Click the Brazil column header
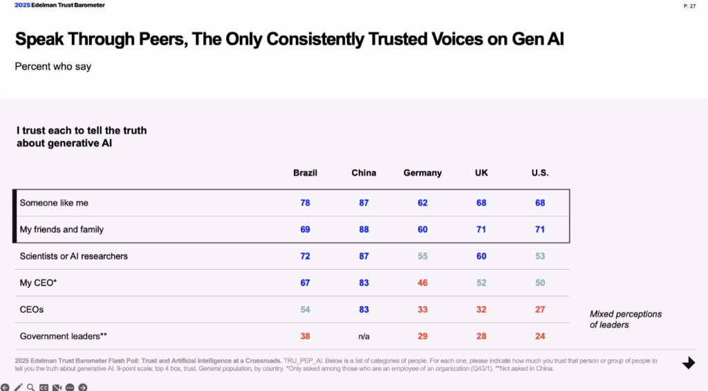tap(305, 173)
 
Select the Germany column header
tap(422, 173)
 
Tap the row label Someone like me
tap(54, 203)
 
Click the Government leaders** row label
tap(64, 336)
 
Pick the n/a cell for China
tap(364, 336)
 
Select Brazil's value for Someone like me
tap(305, 203)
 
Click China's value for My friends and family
tap(364, 230)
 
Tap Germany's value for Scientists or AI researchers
tap(422, 256)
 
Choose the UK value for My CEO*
tap(481, 283)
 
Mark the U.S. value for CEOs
tap(540, 309)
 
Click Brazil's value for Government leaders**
tap(305, 336)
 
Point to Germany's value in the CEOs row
tap(422, 309)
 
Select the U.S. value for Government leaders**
tap(540, 336)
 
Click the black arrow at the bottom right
tap(688, 363)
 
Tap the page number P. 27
tap(689, 6)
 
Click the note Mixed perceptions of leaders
tap(625, 319)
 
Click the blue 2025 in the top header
tap(22, 6)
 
